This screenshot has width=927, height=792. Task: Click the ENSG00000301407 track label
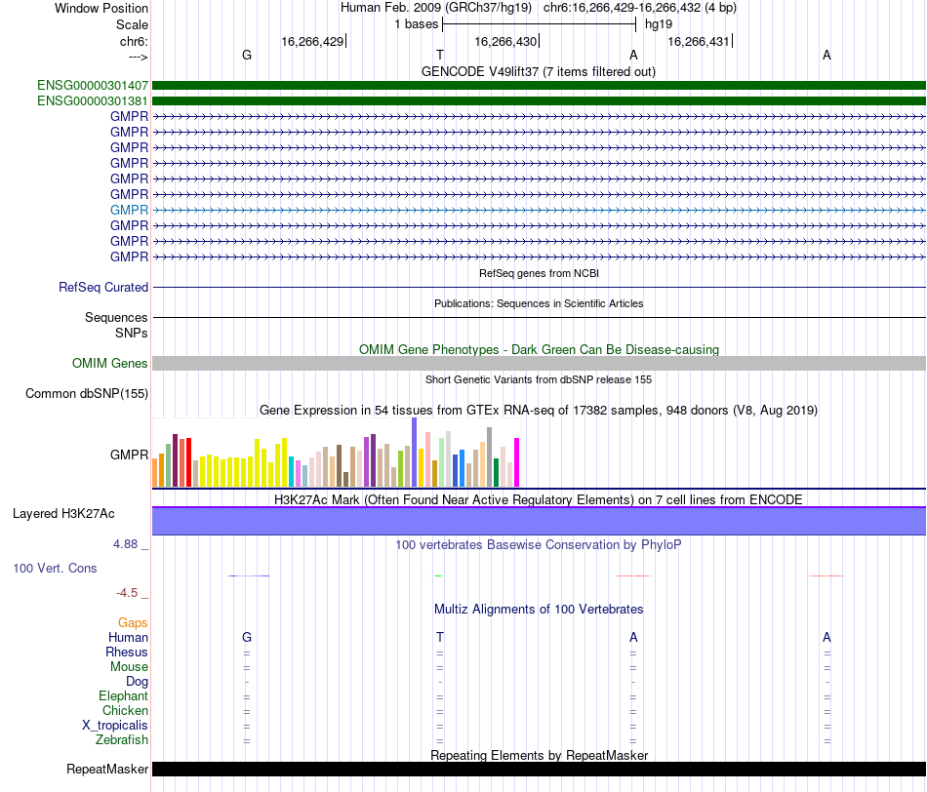coord(93,86)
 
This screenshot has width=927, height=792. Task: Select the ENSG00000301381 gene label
coord(93,101)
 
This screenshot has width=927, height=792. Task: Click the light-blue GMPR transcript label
coord(129,210)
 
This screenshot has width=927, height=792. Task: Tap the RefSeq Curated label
coord(103,288)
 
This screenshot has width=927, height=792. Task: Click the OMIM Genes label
coord(110,364)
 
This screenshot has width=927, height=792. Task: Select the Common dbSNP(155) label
coord(87,394)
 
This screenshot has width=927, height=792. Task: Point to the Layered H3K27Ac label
coord(63,514)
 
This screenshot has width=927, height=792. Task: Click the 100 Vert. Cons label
coord(55,568)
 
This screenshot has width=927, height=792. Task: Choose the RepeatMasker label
coord(107,769)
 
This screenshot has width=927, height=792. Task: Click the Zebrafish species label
coord(122,740)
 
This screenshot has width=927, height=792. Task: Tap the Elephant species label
coord(124,696)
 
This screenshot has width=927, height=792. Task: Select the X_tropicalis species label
coord(115,726)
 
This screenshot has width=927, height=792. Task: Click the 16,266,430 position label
coord(505,41)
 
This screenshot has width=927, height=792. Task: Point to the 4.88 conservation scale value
coord(125,543)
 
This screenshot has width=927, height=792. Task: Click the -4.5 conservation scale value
coord(127,593)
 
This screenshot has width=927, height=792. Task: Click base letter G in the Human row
coord(247,637)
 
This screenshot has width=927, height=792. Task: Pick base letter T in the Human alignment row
coord(440,637)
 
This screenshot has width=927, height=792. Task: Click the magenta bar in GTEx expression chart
coord(517,462)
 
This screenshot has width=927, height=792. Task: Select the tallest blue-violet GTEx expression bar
coord(415,453)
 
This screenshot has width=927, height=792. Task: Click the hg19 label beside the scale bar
coord(659,24)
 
